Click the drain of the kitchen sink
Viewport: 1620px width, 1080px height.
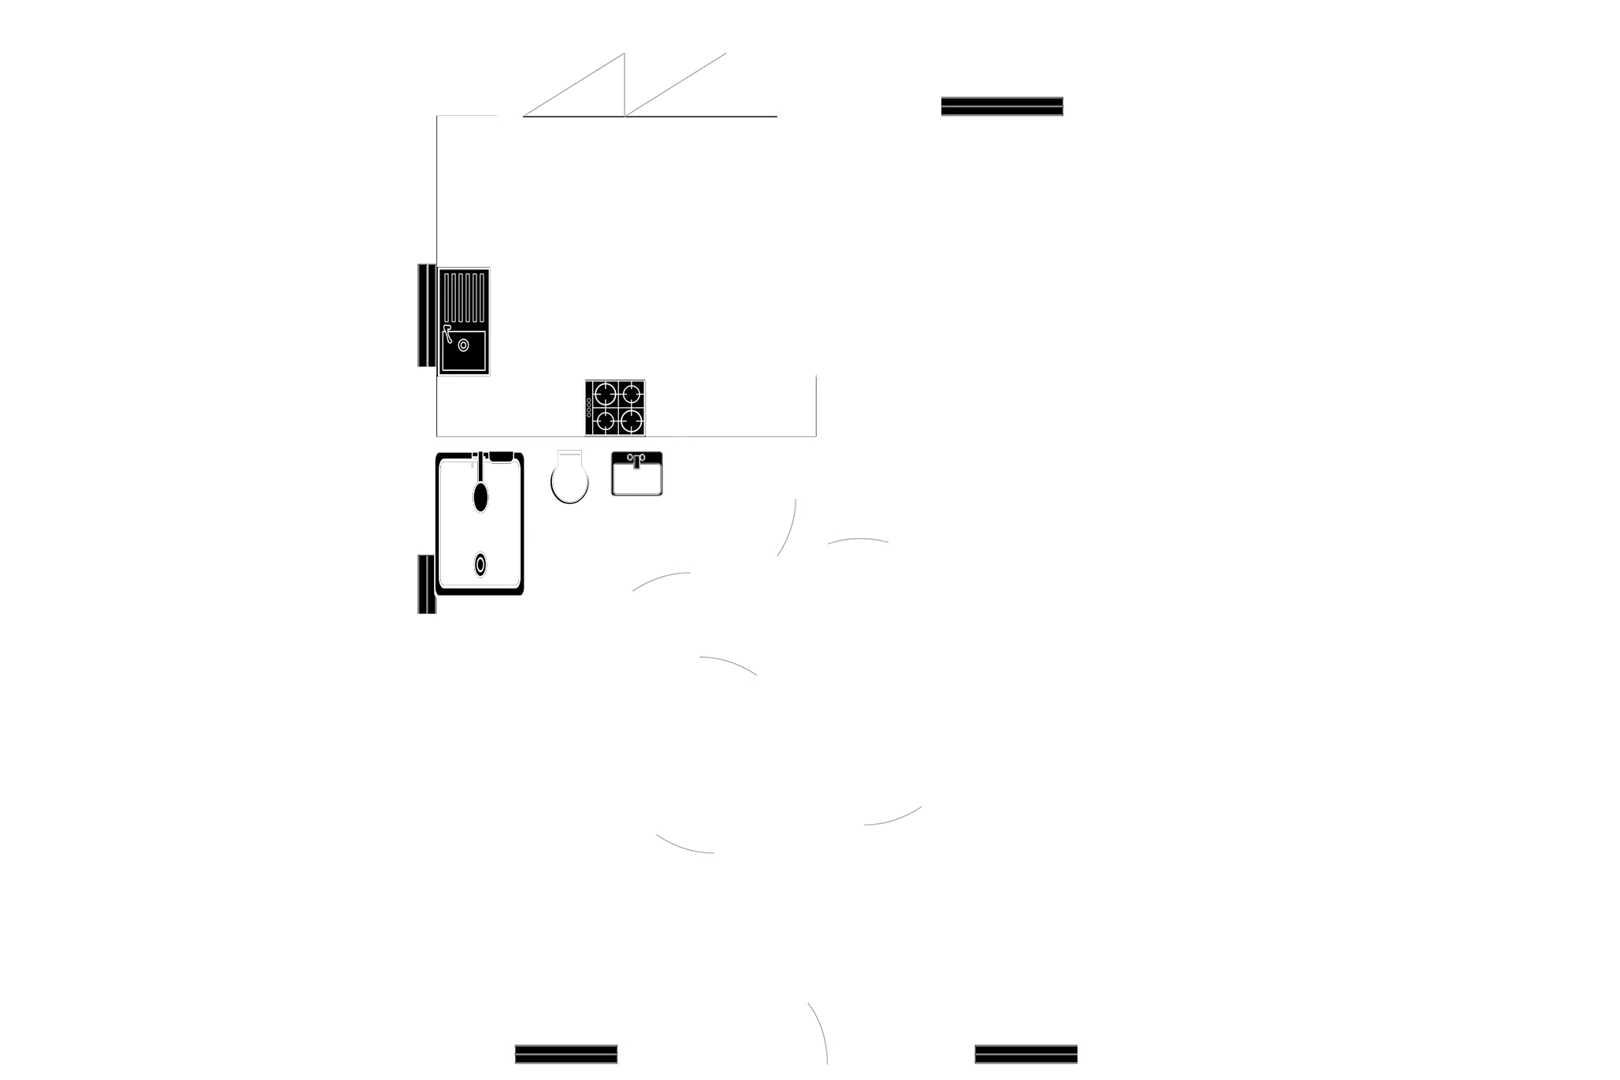(463, 345)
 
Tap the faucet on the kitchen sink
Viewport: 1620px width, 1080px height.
(447, 332)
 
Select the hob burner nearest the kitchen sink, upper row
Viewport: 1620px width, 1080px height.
(605, 392)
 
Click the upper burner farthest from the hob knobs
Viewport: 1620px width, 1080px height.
(631, 392)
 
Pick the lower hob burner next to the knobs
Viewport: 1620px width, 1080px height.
(605, 421)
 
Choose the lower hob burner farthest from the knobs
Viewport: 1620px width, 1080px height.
(631, 421)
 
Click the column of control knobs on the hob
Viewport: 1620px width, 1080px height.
(588, 407)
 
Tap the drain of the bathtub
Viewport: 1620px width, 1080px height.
(480, 565)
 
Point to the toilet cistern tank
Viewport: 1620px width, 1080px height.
(569, 457)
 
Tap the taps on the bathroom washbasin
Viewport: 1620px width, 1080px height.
(636, 458)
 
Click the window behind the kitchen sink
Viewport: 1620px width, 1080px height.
(426, 316)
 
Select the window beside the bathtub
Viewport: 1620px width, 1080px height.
(425, 584)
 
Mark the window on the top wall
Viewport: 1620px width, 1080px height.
(1002, 106)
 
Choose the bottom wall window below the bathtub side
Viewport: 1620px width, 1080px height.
(565, 1052)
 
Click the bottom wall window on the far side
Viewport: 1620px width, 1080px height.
(1025, 1052)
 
